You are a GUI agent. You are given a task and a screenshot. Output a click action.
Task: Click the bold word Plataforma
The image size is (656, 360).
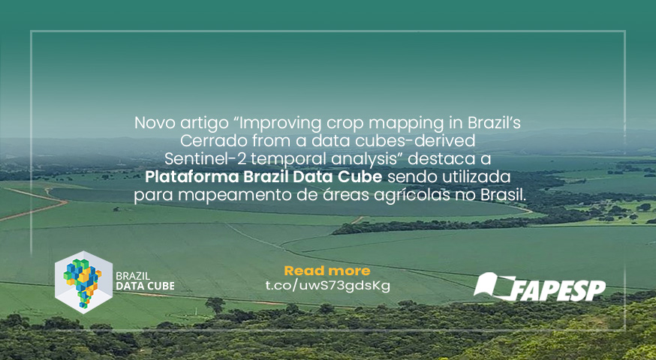click(191, 177)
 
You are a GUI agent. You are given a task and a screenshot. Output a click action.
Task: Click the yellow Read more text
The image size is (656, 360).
click(327, 271)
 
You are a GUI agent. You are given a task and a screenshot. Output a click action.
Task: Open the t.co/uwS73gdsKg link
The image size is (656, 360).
click(328, 286)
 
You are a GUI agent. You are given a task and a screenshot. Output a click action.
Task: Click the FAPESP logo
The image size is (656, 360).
click(540, 286)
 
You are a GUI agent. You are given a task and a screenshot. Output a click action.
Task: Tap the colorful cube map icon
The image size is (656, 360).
click(83, 282)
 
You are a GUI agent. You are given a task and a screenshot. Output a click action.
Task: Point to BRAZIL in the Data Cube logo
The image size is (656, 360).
click(133, 276)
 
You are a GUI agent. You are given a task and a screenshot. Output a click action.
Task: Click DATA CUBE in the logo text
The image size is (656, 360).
click(145, 286)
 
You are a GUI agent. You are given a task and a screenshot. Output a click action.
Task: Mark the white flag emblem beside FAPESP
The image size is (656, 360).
click(494, 286)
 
